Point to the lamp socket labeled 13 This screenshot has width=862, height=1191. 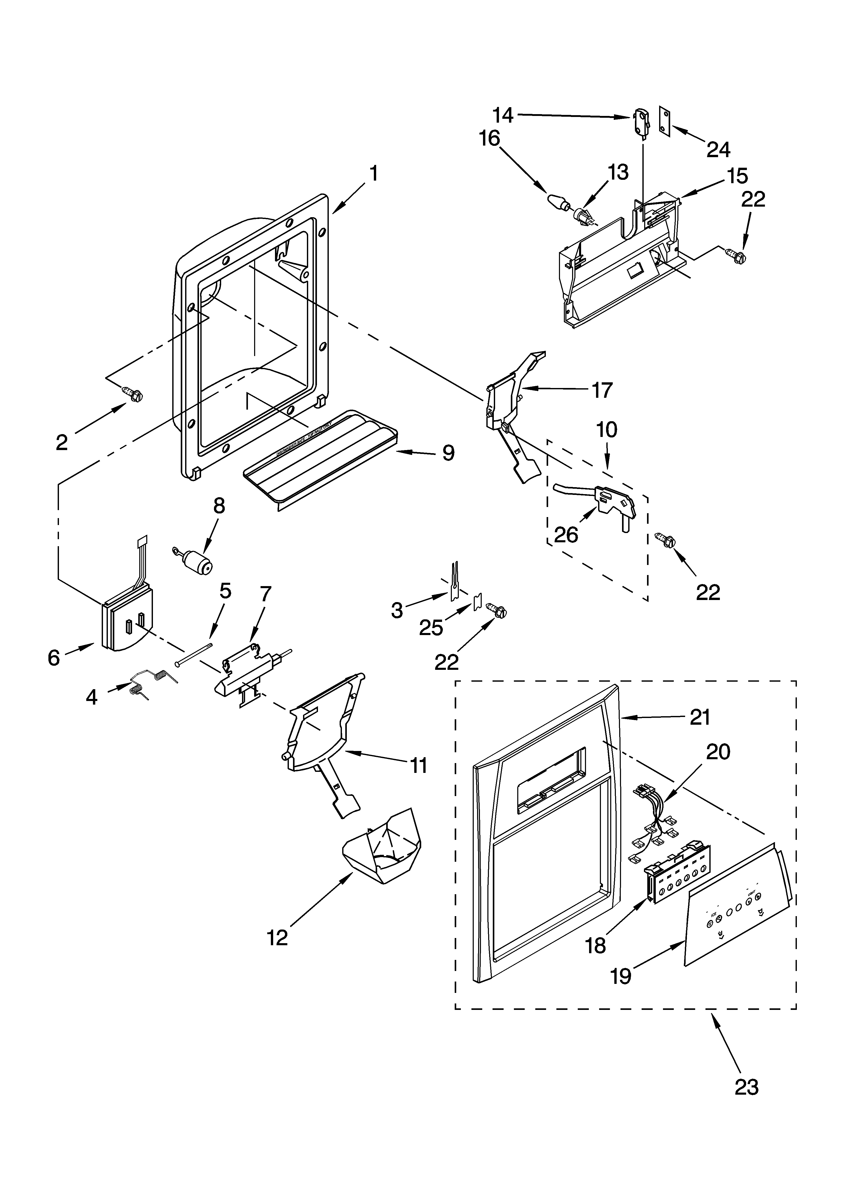(583, 215)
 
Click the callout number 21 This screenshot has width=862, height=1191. (700, 717)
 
